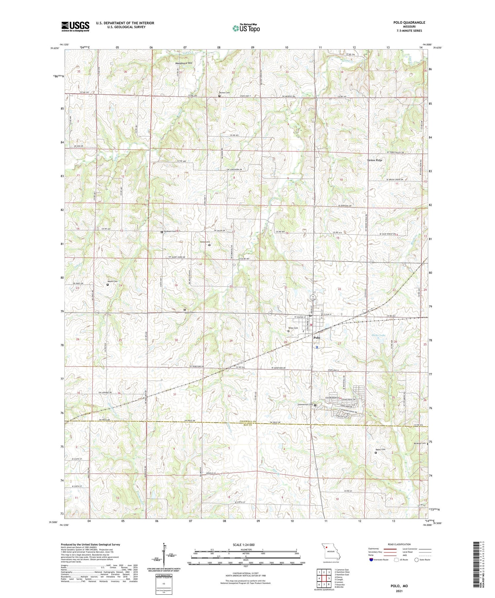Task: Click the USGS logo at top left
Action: [x=75, y=26]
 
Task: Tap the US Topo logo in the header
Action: [x=246, y=28]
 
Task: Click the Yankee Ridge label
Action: [x=374, y=160]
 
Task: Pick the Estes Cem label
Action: [x=205, y=242]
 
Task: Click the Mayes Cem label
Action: [x=113, y=281]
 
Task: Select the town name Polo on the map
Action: [x=316, y=338]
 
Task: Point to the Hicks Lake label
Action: [x=378, y=335]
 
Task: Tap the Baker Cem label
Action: [x=380, y=449]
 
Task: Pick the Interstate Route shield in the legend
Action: [x=371, y=560]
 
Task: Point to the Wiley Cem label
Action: [x=294, y=328]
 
